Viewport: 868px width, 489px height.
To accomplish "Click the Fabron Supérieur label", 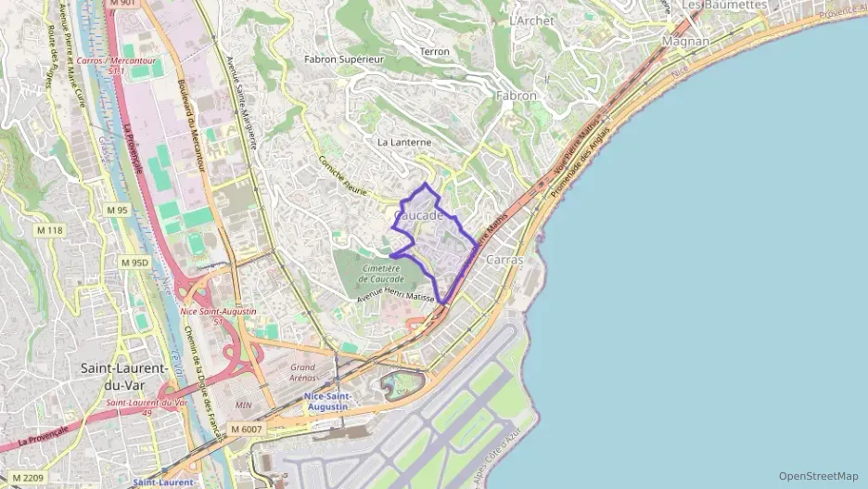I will pyautogui.click(x=344, y=58).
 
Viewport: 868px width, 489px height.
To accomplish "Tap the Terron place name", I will pyautogui.click(x=434, y=52).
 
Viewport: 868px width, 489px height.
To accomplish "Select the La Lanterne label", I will pyautogui.click(x=404, y=142).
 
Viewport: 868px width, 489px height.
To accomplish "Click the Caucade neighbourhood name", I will pyautogui.click(x=418, y=215).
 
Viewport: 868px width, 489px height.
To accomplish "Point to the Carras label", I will pyautogui.click(x=504, y=260).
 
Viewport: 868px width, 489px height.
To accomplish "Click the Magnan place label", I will pyautogui.click(x=685, y=42).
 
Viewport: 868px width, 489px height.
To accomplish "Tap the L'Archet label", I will pyautogui.click(x=531, y=20).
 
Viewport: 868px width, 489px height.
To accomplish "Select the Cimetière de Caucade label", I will pyautogui.click(x=381, y=274).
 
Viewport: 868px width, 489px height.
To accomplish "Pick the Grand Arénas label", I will pyautogui.click(x=303, y=372).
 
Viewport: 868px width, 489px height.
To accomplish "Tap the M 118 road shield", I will pyautogui.click(x=49, y=230).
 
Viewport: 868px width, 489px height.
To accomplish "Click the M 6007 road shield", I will pyautogui.click(x=247, y=429).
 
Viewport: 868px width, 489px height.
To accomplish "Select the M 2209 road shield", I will pyautogui.click(x=28, y=478).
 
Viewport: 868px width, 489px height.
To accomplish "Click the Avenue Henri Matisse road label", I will pyautogui.click(x=396, y=295).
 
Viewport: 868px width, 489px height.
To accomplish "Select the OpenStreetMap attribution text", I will pyautogui.click(x=818, y=476).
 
